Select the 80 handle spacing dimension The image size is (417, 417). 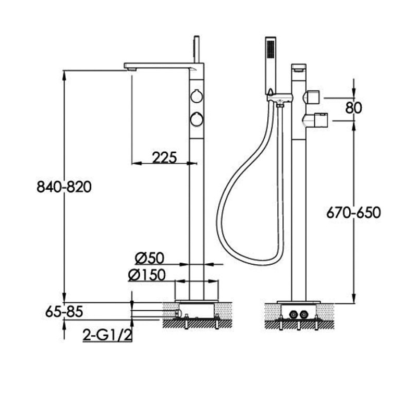pos(353,107)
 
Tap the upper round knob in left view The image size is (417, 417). pos(197,96)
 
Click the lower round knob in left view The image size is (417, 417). pos(197,119)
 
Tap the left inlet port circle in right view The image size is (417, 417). pos(293,314)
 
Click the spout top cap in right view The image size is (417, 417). pos(299,67)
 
